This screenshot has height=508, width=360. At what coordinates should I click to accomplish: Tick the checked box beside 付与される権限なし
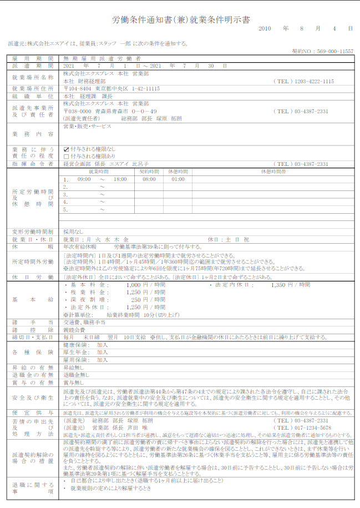click(67, 149)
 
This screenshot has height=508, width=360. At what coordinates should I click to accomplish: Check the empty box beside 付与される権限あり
click(67, 157)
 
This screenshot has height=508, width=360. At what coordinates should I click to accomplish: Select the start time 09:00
click(84, 179)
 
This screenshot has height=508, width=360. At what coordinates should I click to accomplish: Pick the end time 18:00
click(120, 179)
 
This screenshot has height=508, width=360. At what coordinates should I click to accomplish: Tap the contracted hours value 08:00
click(149, 179)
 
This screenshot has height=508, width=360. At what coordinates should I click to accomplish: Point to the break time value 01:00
click(178, 179)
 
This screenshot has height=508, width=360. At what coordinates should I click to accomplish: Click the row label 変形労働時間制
click(33, 231)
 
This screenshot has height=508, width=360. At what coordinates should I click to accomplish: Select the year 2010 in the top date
click(265, 28)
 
